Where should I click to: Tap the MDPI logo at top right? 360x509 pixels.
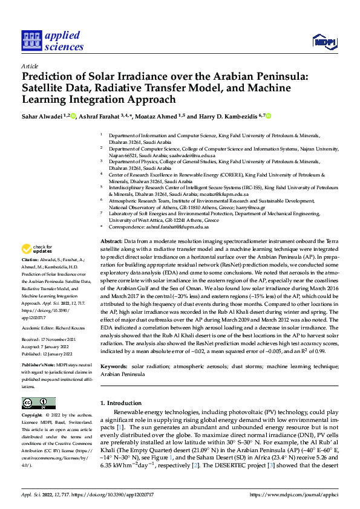pos(324,41)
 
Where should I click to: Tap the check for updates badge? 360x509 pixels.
pos(36,249)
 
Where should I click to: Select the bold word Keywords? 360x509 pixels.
pos(115,367)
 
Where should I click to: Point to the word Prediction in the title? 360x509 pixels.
pos(51,77)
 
